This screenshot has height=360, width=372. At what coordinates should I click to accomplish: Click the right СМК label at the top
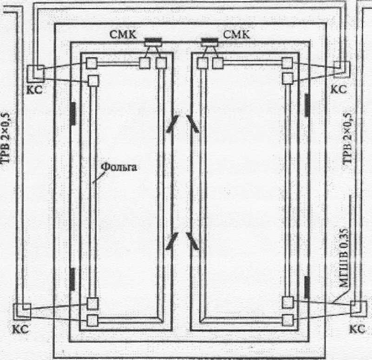[x=236, y=34]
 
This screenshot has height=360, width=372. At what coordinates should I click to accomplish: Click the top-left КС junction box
[x=35, y=72]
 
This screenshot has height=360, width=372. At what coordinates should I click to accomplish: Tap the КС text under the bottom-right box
[x=357, y=328]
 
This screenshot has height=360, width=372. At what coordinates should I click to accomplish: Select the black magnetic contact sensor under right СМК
[x=210, y=41]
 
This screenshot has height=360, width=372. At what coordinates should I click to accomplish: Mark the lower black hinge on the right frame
[x=307, y=286]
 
